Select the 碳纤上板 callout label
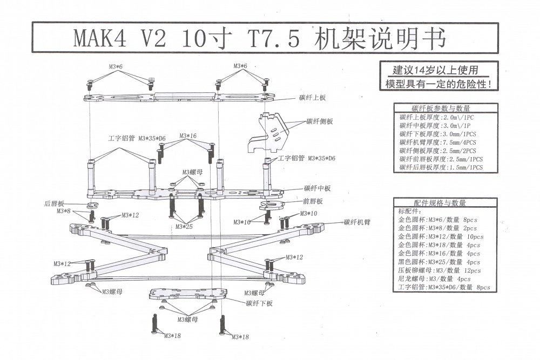click(313, 98)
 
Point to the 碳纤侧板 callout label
click(320, 121)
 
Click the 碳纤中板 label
click(317, 188)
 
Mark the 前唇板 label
click(313, 201)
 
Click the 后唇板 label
click(54, 204)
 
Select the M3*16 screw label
click(186, 136)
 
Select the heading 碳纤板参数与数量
click(441, 108)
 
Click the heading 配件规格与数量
click(440, 203)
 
